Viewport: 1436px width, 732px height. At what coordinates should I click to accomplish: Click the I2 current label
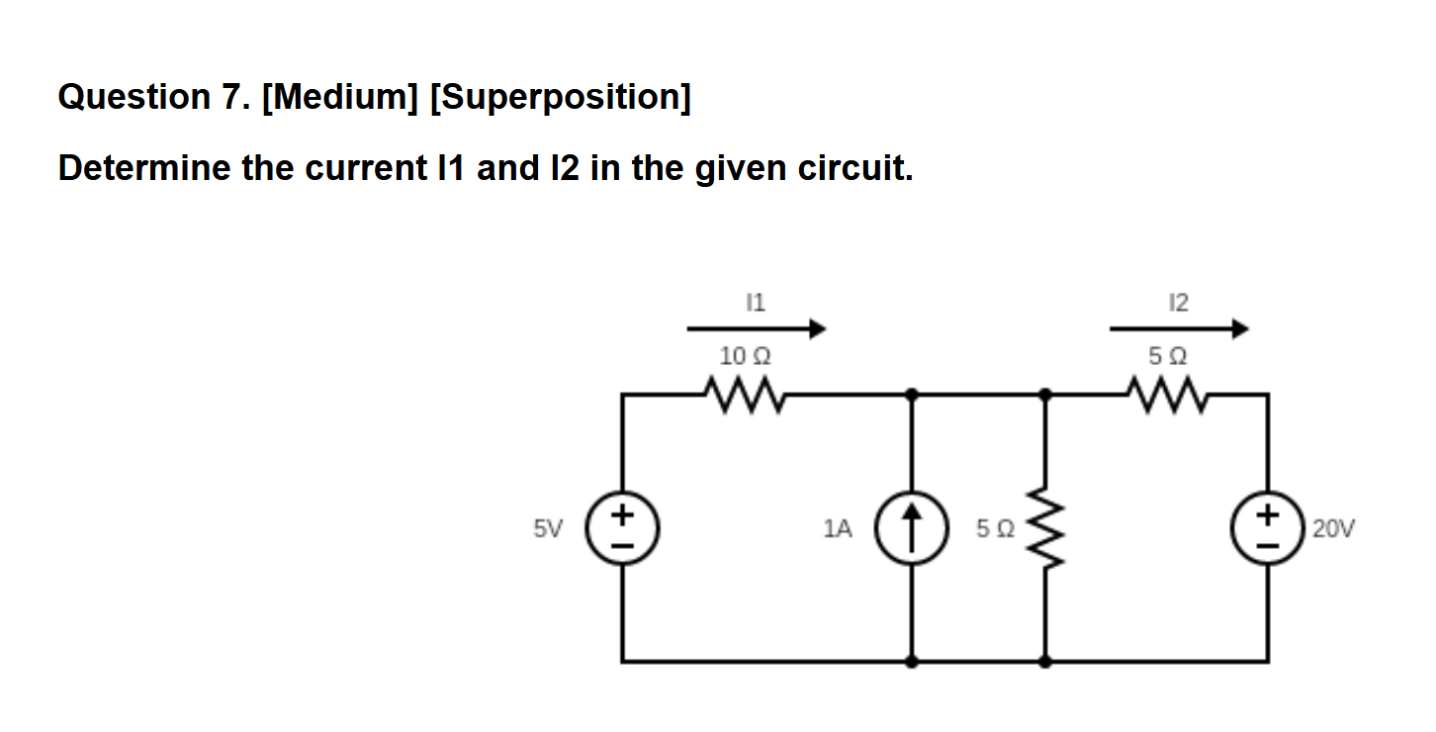[1178, 302]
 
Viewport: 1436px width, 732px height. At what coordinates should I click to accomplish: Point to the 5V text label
[547, 529]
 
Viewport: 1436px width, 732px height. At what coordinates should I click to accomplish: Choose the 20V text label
[1334, 529]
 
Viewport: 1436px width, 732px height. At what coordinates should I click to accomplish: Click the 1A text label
[837, 529]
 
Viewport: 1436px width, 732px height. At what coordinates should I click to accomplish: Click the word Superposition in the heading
[561, 97]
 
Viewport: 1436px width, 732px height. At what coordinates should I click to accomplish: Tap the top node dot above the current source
[912, 394]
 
